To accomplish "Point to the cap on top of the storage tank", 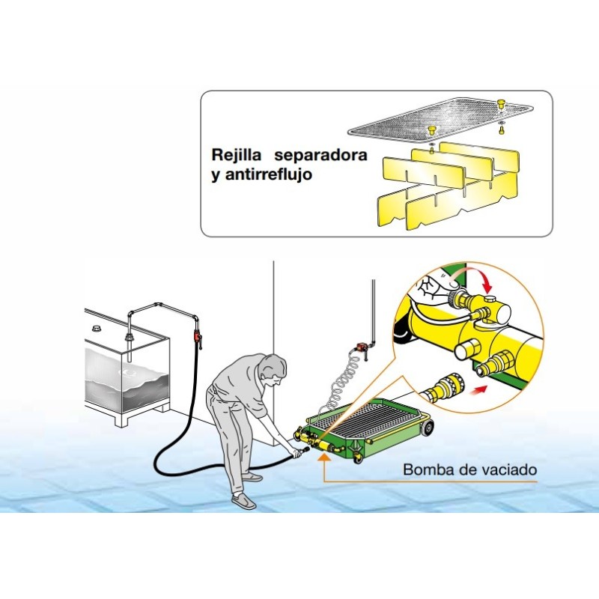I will [x=96, y=329].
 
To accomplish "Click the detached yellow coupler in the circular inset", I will [x=443, y=389].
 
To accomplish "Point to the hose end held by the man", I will [x=299, y=451].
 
